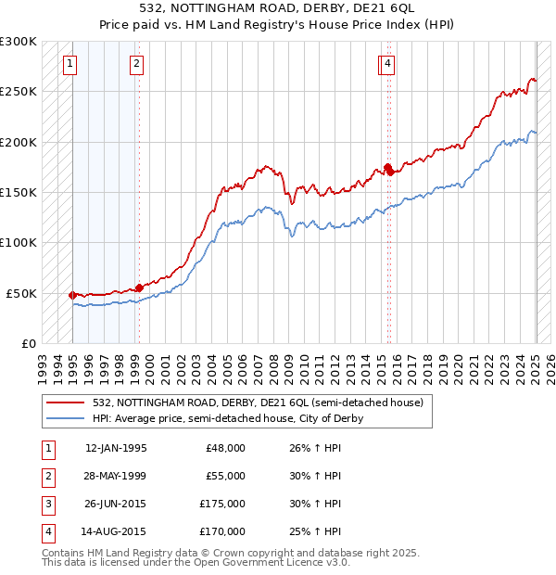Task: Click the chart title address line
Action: pos(277,9)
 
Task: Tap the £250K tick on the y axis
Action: pos(19,92)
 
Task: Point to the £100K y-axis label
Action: pos(19,242)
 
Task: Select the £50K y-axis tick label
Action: pos(22,292)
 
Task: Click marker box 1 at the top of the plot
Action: pos(71,64)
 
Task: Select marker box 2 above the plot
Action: pos(136,64)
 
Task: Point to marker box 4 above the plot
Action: pos(387,64)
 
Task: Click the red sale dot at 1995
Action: pos(72,295)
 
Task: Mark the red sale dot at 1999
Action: pos(139,287)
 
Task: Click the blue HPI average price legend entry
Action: pos(227,418)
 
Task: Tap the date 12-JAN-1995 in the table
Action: pos(116,448)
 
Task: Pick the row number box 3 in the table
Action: pos(46,504)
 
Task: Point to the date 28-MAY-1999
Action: pos(116,476)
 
